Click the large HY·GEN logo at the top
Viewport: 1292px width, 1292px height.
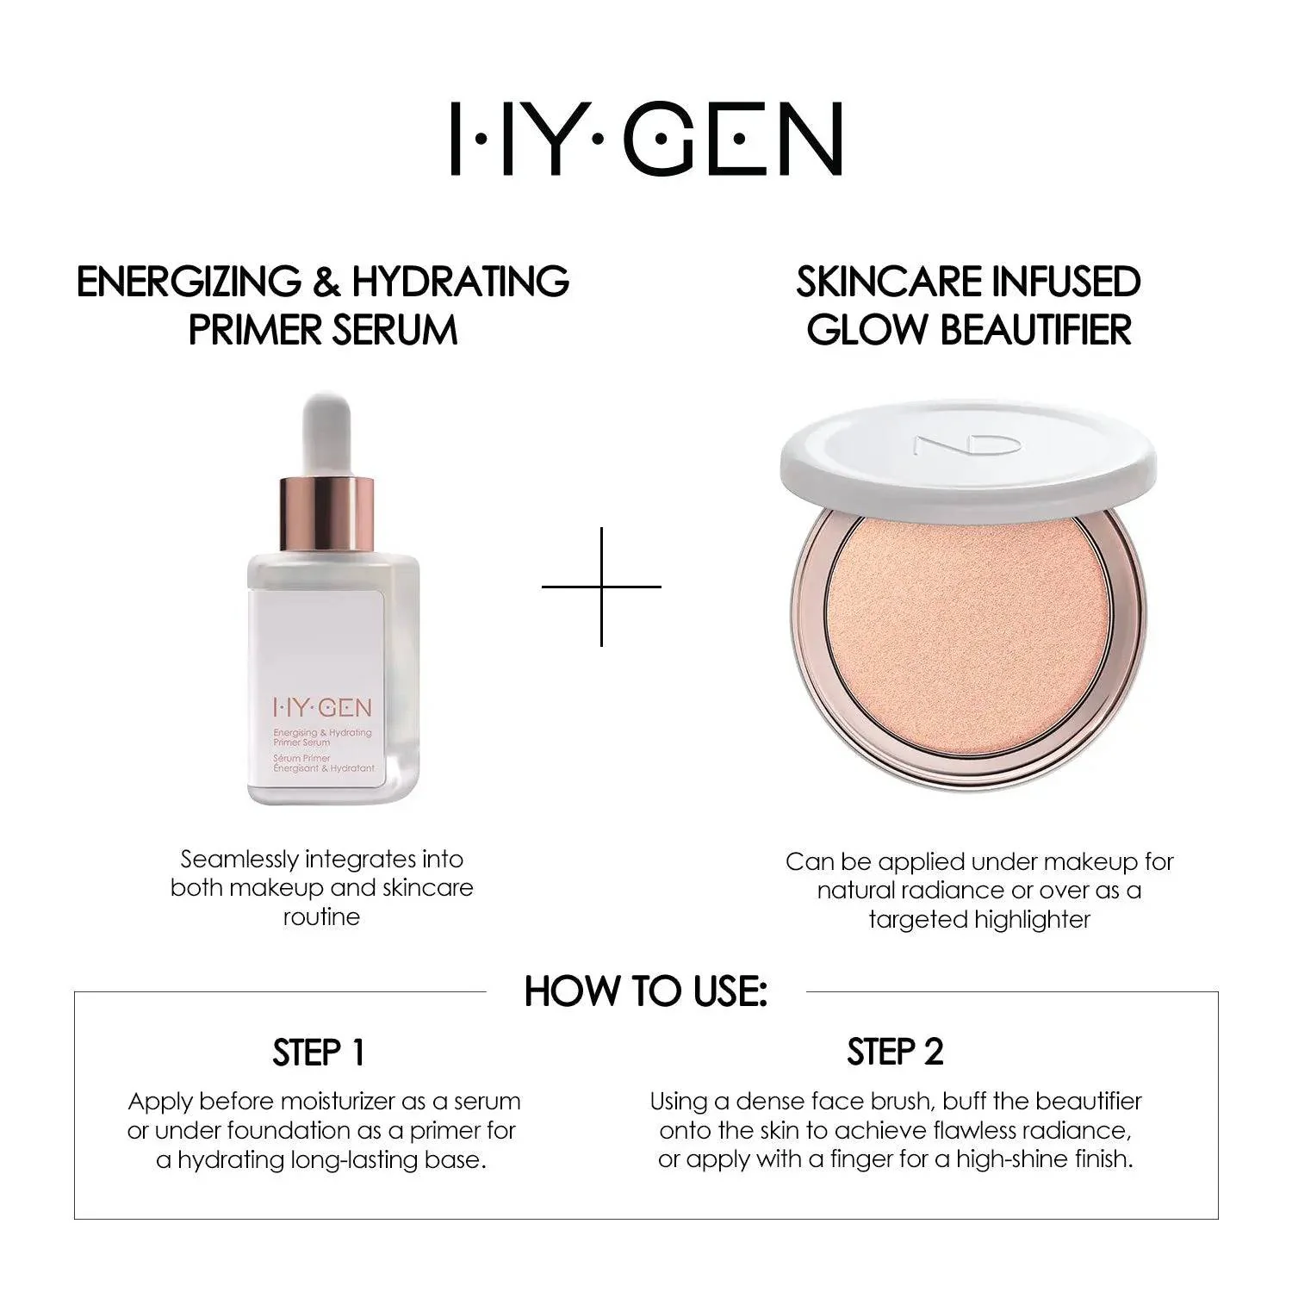[646, 140]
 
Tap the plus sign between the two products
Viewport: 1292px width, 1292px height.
[601, 587]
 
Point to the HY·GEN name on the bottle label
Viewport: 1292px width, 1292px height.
[321, 708]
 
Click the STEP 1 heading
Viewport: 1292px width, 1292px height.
[319, 1053]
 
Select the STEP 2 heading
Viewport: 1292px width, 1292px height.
[895, 1052]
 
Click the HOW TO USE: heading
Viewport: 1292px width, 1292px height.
[645, 991]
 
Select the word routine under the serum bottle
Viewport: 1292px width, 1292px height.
[321, 916]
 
